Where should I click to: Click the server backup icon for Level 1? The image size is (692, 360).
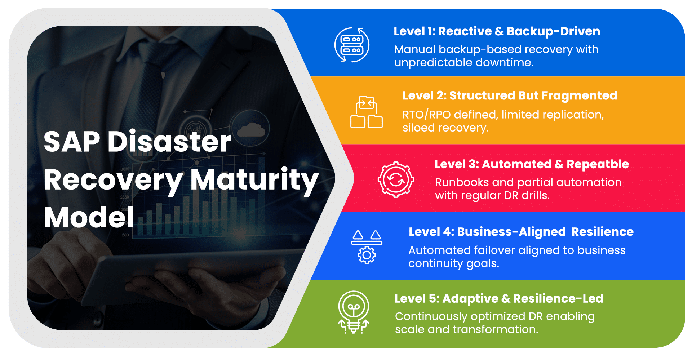(x=352, y=45)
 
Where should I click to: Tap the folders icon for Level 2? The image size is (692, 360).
(x=367, y=112)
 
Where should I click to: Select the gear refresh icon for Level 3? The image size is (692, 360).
(x=396, y=179)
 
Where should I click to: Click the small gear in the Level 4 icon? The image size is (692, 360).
(x=367, y=255)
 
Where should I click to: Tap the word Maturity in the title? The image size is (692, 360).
(x=254, y=180)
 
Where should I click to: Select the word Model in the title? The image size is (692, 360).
(x=89, y=218)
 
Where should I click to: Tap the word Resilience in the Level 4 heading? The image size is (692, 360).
(x=602, y=232)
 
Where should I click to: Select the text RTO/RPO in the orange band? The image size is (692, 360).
(x=426, y=115)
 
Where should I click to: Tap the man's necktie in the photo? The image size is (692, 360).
(x=144, y=90)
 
